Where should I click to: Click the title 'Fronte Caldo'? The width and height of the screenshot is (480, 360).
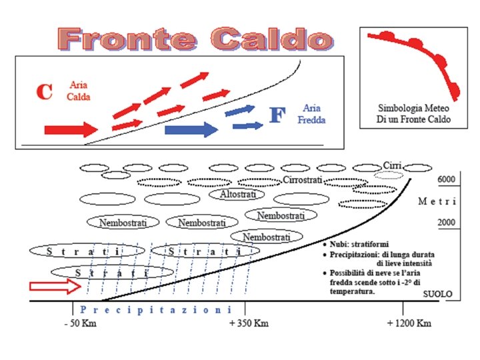[195, 38]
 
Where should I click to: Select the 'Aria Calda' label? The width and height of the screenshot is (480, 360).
[79, 91]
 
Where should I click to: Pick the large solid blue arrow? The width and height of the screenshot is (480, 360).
[191, 129]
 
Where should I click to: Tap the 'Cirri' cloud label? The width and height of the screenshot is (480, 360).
[391, 165]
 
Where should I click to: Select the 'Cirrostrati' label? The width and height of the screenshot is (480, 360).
[303, 181]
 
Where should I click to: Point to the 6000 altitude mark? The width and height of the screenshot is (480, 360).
[446, 180]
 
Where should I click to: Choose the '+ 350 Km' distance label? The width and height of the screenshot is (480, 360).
[249, 323]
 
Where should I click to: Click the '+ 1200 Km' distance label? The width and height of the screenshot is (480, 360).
[409, 323]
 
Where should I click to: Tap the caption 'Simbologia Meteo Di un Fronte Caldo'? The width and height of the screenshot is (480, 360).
[414, 113]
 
